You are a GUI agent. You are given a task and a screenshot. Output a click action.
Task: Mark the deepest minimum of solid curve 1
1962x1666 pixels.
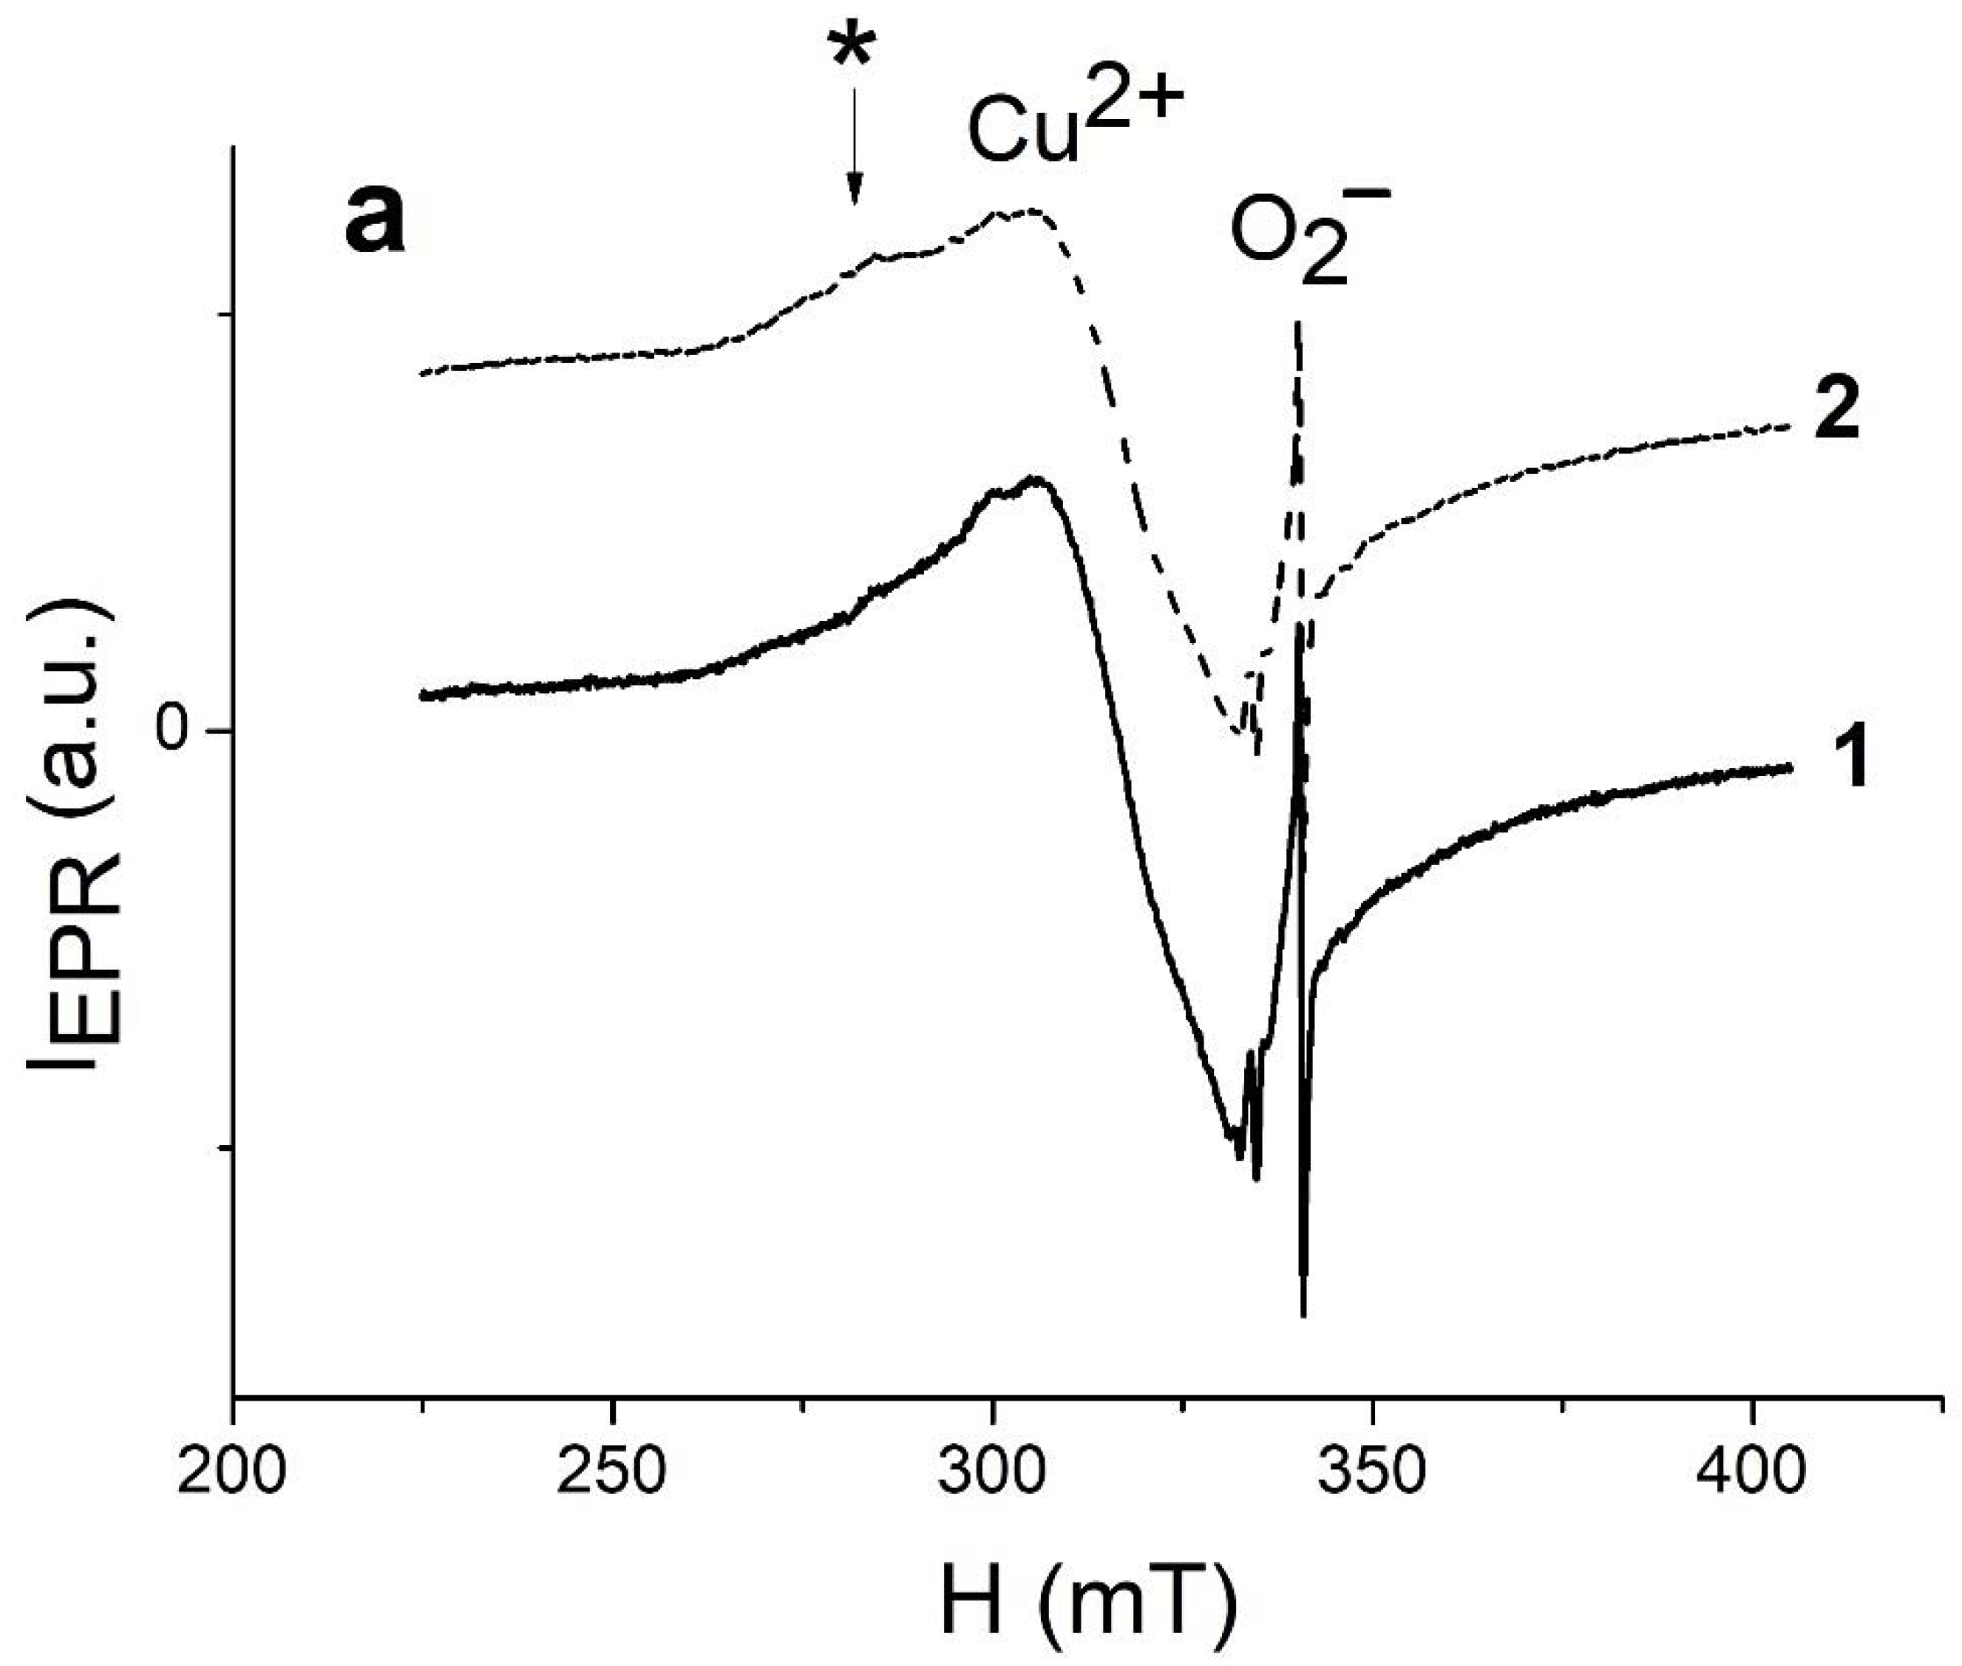[1303, 1313]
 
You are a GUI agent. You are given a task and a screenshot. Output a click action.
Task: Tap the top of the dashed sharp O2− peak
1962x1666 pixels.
[1299, 324]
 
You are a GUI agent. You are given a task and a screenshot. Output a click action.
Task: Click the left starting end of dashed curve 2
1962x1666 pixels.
[421, 374]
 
